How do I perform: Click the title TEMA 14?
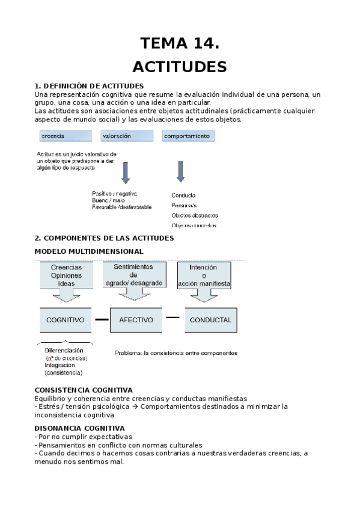click(x=179, y=43)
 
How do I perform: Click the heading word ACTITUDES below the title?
click(x=179, y=66)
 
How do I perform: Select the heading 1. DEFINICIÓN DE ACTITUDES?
click(x=89, y=86)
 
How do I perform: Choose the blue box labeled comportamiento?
click(x=188, y=137)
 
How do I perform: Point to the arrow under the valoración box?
click(x=125, y=172)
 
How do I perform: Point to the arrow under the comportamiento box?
click(x=180, y=171)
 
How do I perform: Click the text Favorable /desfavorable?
click(x=123, y=207)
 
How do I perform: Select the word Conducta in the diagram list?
click(x=183, y=195)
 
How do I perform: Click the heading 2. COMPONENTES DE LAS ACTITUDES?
click(x=104, y=238)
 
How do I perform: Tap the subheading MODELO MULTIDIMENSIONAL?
click(x=89, y=251)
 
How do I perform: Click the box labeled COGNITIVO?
click(x=66, y=320)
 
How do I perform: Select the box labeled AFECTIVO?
click(x=136, y=320)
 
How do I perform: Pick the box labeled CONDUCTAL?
click(x=210, y=320)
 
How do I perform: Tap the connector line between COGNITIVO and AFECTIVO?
click(x=102, y=319)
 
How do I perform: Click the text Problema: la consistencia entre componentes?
click(x=175, y=353)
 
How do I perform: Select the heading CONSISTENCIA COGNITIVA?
click(x=84, y=390)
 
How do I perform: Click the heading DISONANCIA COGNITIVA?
click(x=79, y=428)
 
